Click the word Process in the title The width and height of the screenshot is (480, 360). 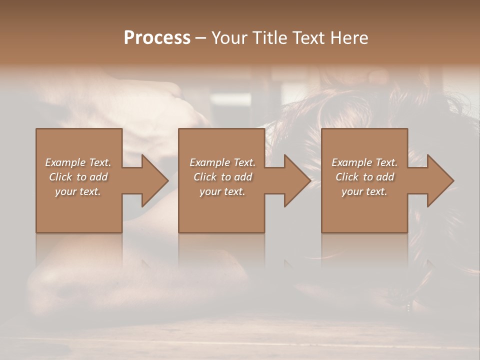[x=157, y=38]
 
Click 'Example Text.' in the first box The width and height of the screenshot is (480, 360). [x=78, y=162]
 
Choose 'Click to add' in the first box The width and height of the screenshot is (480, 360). [x=78, y=177]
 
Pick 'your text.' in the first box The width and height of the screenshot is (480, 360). [x=78, y=191]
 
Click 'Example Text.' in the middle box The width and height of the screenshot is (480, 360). [x=222, y=162]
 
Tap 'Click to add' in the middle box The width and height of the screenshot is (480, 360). [x=222, y=177]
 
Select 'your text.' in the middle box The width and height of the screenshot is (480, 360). [x=222, y=191]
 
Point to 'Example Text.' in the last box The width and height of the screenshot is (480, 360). [x=364, y=162]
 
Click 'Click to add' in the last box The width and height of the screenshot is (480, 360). [x=364, y=177]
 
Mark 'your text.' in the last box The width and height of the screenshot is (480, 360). [x=364, y=191]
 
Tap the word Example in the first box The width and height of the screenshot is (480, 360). [x=65, y=162]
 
